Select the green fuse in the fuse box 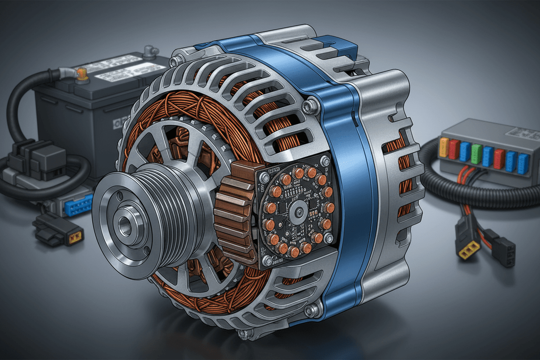pyautogui.click(x=476, y=154)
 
